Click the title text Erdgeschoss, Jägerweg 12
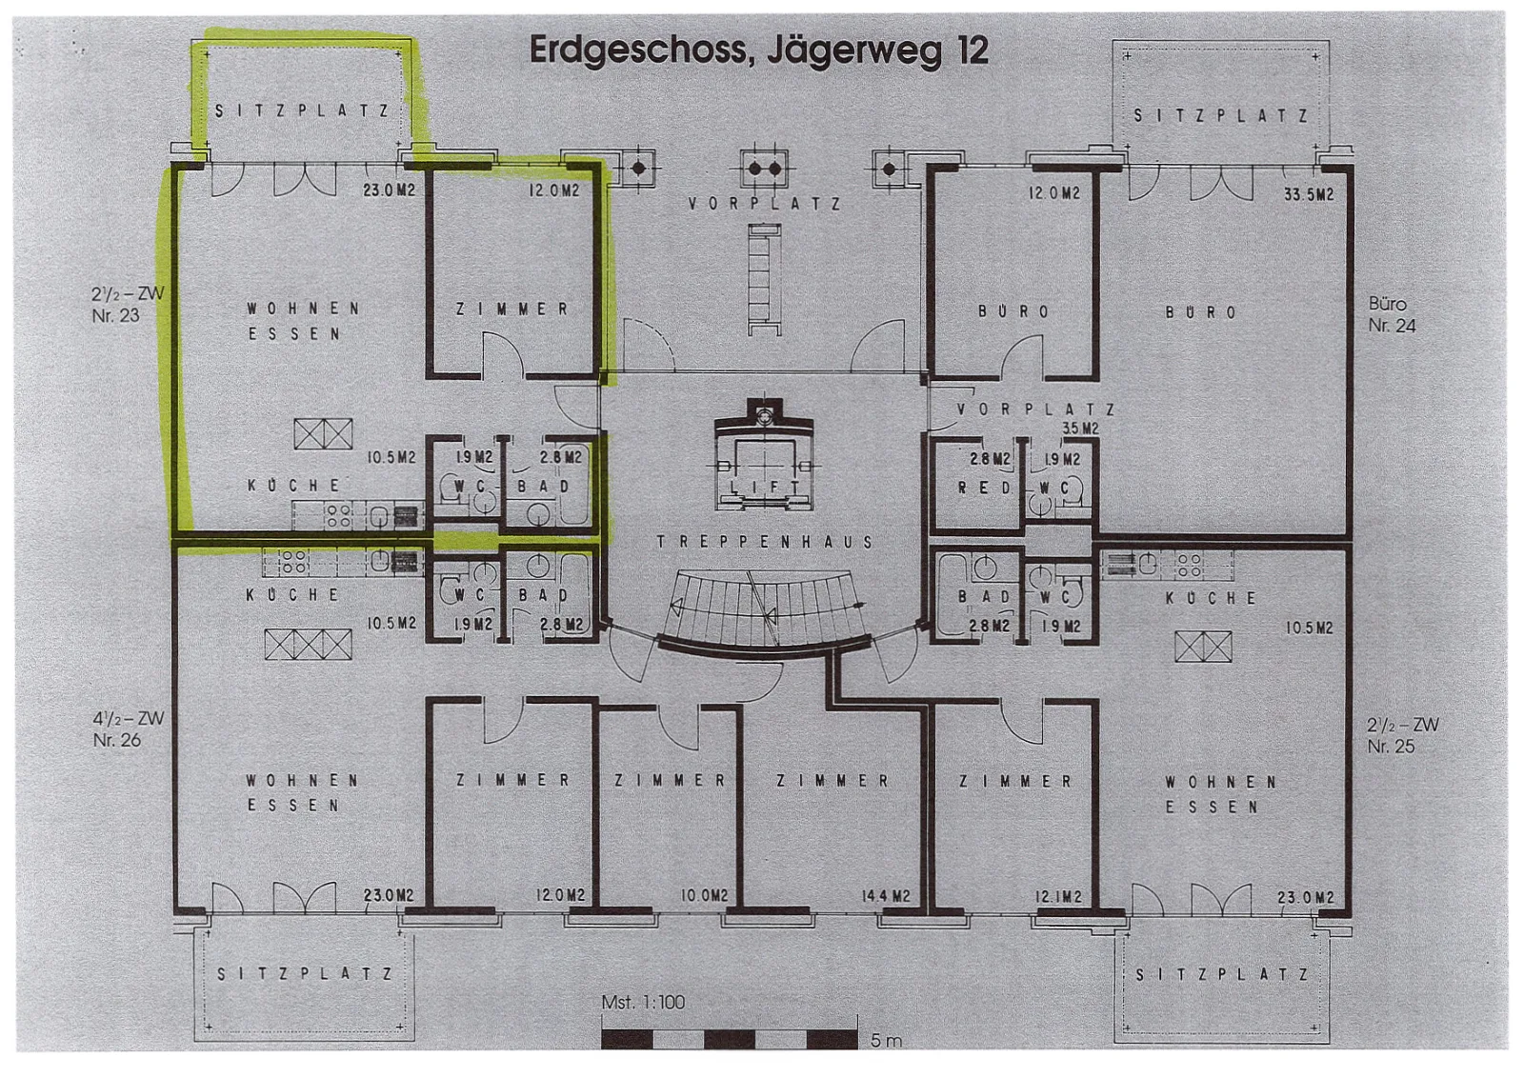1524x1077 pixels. coord(758,52)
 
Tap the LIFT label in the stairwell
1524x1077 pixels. coord(763,488)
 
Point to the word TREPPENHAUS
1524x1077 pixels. coord(765,542)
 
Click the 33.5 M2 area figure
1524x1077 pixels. coord(1309,194)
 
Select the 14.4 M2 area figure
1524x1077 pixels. coord(885,897)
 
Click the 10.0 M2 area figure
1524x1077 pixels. coord(704,897)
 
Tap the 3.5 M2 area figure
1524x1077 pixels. coord(1080,429)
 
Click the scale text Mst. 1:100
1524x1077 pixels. coord(643,1003)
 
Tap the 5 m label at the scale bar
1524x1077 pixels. coord(886,1041)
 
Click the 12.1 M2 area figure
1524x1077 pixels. coord(1058,898)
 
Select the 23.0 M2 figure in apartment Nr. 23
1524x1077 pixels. coord(389,190)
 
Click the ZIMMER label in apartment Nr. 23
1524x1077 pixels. coord(512,309)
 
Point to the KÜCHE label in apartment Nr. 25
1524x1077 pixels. coord(1211,599)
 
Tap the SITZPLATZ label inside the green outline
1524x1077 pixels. coord(302,110)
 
